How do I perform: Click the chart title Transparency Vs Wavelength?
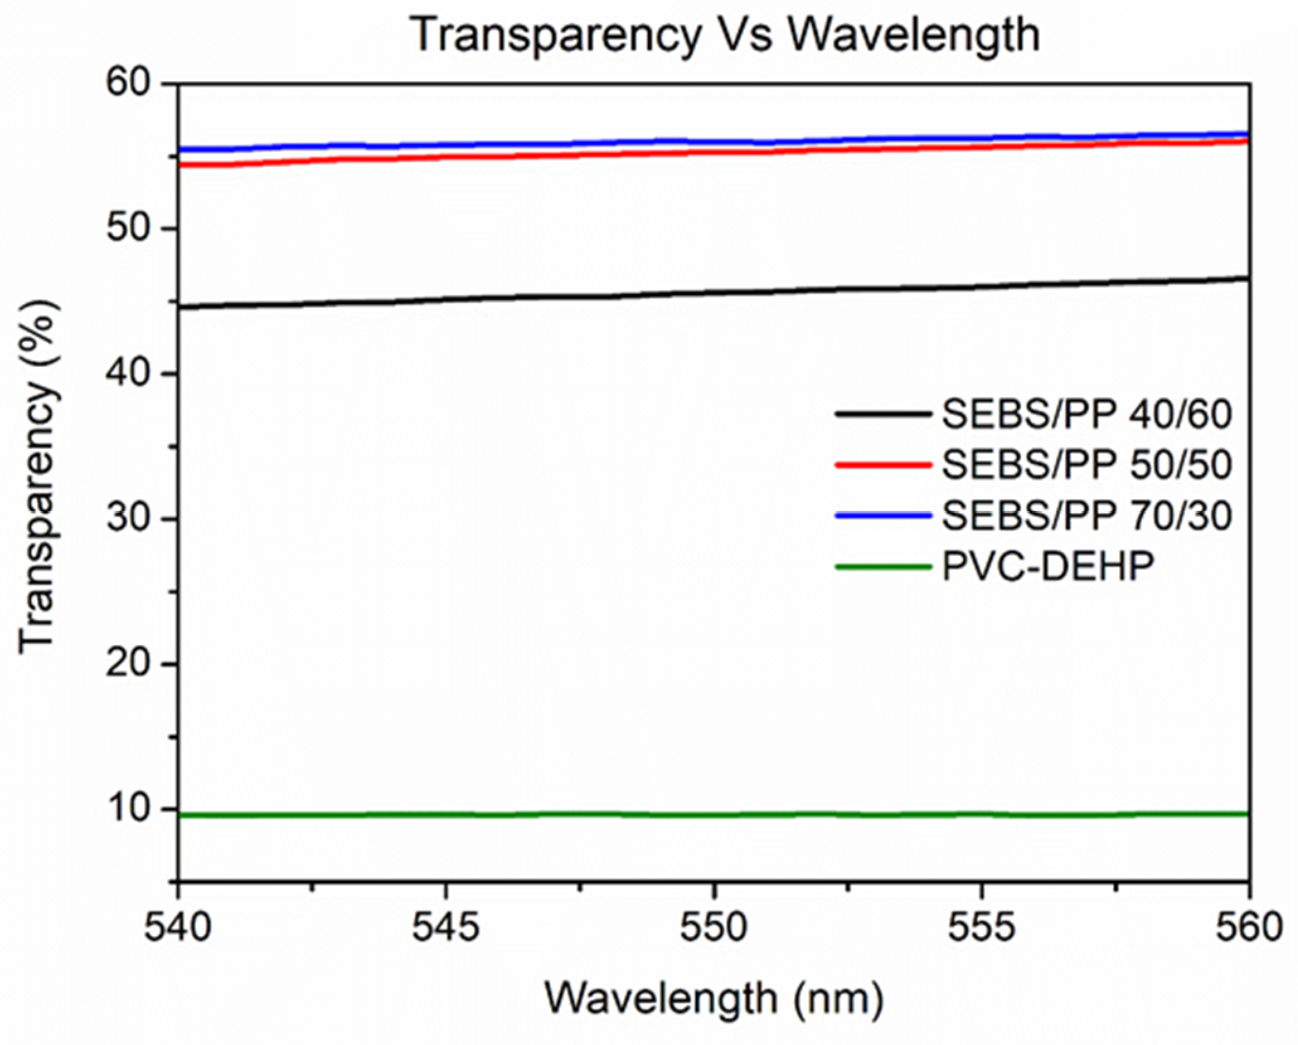point(725,35)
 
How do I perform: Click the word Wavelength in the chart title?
point(914,35)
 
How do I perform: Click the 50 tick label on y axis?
point(128,228)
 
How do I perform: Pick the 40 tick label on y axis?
point(128,373)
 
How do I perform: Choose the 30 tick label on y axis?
point(128,519)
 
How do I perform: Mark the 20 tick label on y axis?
point(128,664)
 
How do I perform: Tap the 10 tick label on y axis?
point(128,809)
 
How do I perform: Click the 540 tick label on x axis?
point(178,927)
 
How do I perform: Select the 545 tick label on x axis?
point(446,927)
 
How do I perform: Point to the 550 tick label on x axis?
point(714,927)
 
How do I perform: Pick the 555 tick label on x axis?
point(981,927)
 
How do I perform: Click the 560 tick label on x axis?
point(1248,927)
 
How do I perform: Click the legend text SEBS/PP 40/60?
point(1086,415)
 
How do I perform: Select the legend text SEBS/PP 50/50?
point(1086,466)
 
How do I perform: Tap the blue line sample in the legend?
point(883,516)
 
